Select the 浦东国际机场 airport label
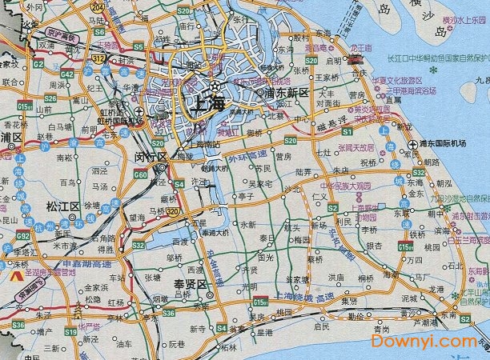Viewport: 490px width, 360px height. (443, 143)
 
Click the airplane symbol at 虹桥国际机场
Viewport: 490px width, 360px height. (140, 112)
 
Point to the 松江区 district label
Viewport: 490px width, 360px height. (65, 206)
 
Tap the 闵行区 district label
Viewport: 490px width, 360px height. (150, 156)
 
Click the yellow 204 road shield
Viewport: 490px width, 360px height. (97, 6)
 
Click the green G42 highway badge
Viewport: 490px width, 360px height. (67, 74)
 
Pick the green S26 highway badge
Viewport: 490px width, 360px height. (50, 98)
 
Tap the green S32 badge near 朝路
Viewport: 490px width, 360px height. (418, 172)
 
